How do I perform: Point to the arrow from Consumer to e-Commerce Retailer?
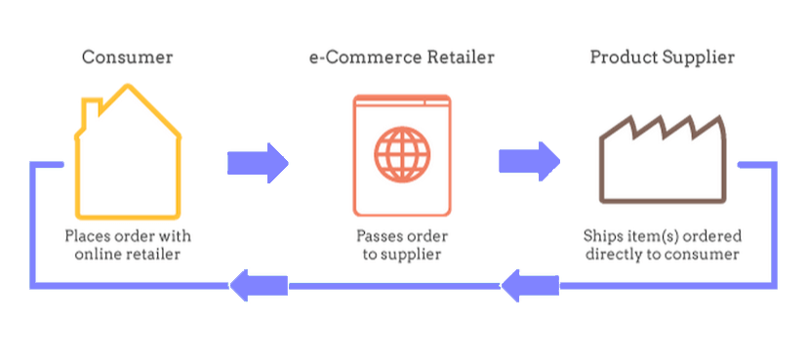(x=258, y=162)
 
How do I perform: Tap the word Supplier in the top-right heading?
(x=699, y=58)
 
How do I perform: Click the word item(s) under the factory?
(x=653, y=236)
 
